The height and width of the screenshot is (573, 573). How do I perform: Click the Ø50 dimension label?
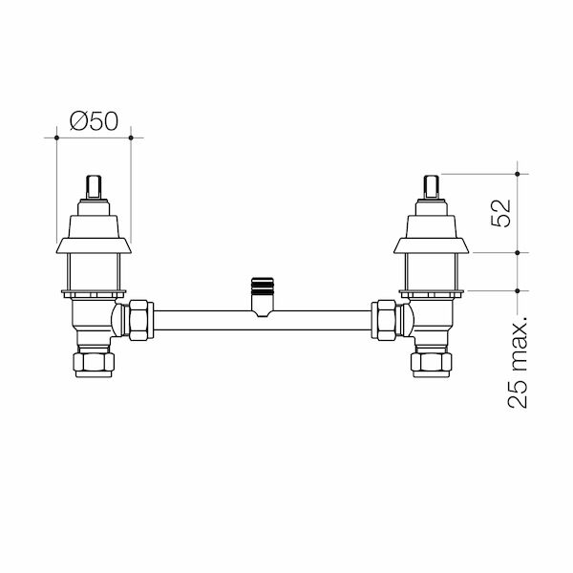[x=94, y=121]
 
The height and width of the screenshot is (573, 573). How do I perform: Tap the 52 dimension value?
[x=501, y=213]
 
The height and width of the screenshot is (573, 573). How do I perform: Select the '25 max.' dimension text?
[x=518, y=361]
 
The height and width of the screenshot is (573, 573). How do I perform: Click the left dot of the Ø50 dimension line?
[x=56, y=138]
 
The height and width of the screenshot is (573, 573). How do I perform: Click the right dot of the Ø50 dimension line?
[x=131, y=138]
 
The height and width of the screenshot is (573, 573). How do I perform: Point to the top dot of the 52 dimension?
[x=517, y=174]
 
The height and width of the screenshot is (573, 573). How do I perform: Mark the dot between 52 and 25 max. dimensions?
[x=517, y=252]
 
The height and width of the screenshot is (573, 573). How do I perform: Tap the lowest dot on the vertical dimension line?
[x=517, y=290]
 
